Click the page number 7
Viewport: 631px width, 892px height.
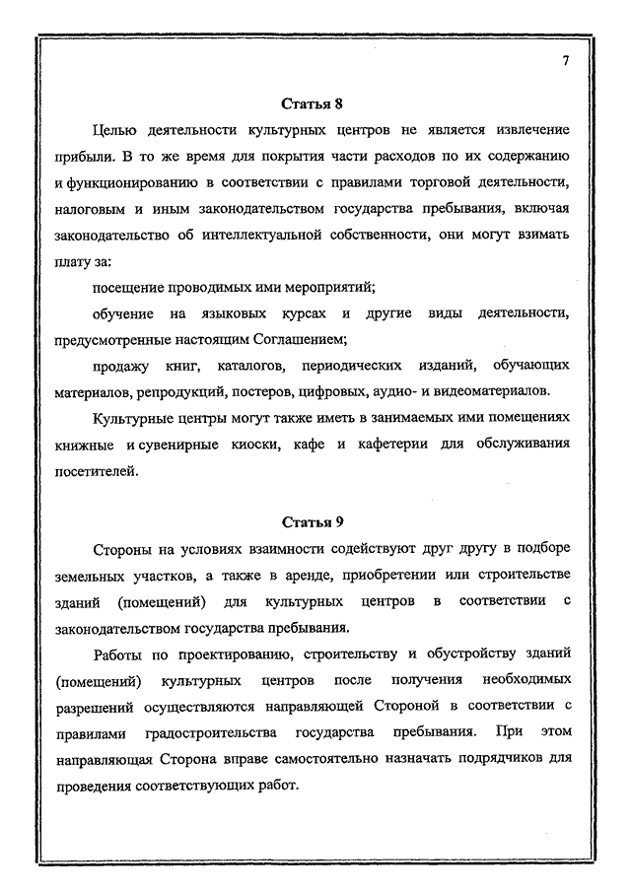click(566, 61)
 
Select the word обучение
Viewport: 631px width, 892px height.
click(123, 313)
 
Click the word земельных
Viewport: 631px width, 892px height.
click(96, 575)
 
